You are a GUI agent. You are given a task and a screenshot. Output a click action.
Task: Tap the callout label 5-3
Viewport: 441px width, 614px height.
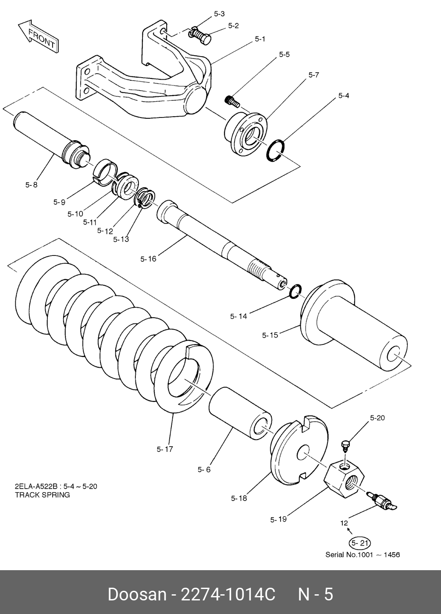pyautogui.click(x=219, y=14)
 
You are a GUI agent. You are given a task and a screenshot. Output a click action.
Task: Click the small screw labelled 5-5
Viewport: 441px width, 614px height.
pyautogui.click(x=233, y=101)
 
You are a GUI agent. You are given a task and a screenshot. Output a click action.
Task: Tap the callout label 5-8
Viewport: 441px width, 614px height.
pyautogui.click(x=31, y=185)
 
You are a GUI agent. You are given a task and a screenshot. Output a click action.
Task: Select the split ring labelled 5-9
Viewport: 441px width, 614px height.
pyautogui.click(x=105, y=172)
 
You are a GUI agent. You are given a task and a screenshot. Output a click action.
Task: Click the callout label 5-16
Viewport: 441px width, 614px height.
pyautogui.click(x=148, y=259)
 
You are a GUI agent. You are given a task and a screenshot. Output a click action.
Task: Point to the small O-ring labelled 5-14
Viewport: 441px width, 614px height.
pyautogui.click(x=295, y=291)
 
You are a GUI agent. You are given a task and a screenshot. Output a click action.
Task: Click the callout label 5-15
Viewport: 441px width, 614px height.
pyautogui.click(x=270, y=335)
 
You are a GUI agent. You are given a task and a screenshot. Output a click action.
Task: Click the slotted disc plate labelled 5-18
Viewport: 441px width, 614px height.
pyautogui.click(x=299, y=453)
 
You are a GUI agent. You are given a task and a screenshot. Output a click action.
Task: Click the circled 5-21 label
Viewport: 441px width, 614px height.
pyautogui.click(x=359, y=543)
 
